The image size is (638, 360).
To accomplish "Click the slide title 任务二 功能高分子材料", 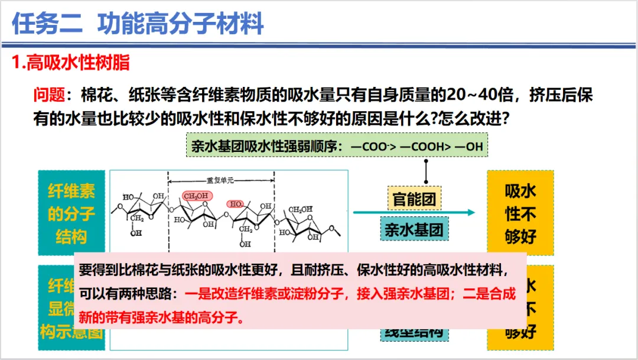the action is coord(138,24).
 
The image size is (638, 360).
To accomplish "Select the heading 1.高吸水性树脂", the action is coord(71,63).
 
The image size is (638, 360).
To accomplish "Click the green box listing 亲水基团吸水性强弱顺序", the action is coord(337,145).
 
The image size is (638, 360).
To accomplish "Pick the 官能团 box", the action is coord(414,199).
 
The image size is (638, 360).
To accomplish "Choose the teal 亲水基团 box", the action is coord(414,229).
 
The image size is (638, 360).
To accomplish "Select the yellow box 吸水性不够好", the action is coord(520,214).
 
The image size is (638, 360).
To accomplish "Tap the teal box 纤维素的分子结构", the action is coord(71,213).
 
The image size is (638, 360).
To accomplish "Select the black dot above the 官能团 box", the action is coord(425,180).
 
